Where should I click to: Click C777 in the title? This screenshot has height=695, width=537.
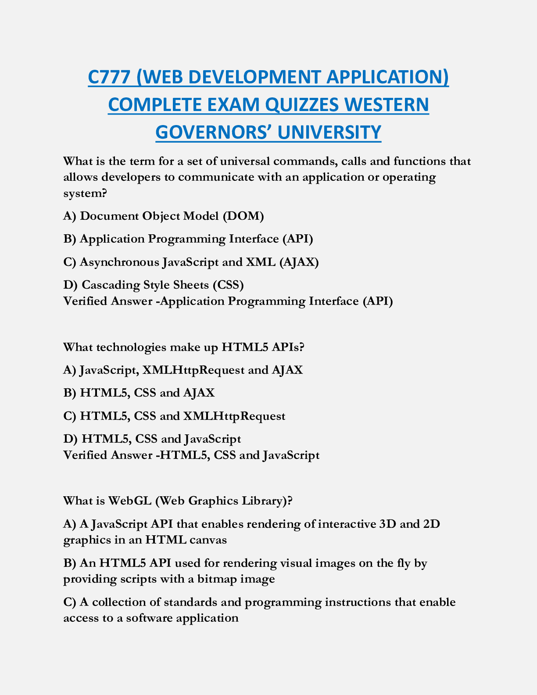[109, 77]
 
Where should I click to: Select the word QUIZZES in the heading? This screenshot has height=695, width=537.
[303, 104]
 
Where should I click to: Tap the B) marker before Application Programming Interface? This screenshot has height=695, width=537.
[70, 239]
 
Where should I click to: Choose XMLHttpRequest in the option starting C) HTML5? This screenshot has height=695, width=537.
[234, 416]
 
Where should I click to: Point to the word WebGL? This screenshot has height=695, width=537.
[129, 501]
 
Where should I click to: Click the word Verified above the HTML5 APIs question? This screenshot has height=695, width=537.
[86, 301]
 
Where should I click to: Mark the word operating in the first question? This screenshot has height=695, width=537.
[409, 177]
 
